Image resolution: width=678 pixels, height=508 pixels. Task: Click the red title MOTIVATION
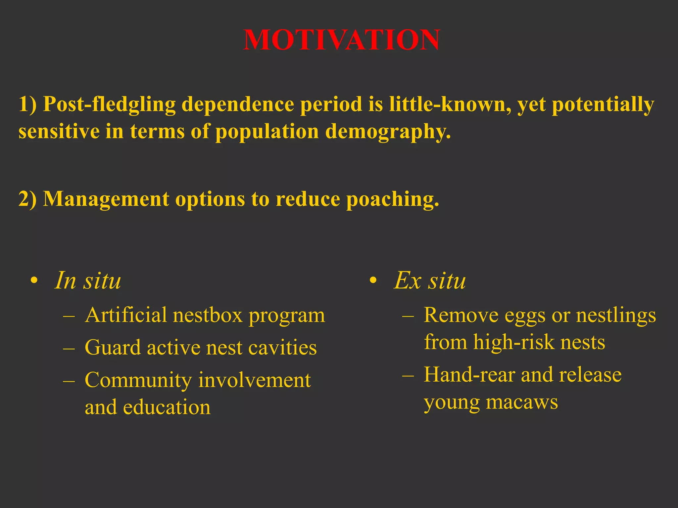click(x=341, y=40)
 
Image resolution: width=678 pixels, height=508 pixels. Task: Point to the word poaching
click(x=392, y=199)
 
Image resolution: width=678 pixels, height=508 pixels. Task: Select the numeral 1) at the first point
click(x=28, y=104)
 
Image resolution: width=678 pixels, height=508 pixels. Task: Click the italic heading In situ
click(x=88, y=280)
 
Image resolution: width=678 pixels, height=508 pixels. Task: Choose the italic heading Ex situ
click(x=430, y=280)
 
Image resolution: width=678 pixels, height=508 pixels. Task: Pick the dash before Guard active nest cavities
click(x=69, y=348)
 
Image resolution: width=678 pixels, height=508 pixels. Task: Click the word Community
click(x=138, y=380)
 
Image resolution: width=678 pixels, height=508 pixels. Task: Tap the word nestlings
click(x=616, y=315)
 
